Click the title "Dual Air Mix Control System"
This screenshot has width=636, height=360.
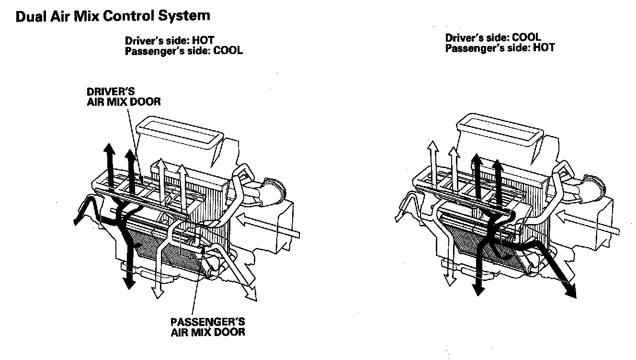click(x=113, y=16)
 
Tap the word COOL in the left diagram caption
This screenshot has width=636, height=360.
click(x=227, y=50)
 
